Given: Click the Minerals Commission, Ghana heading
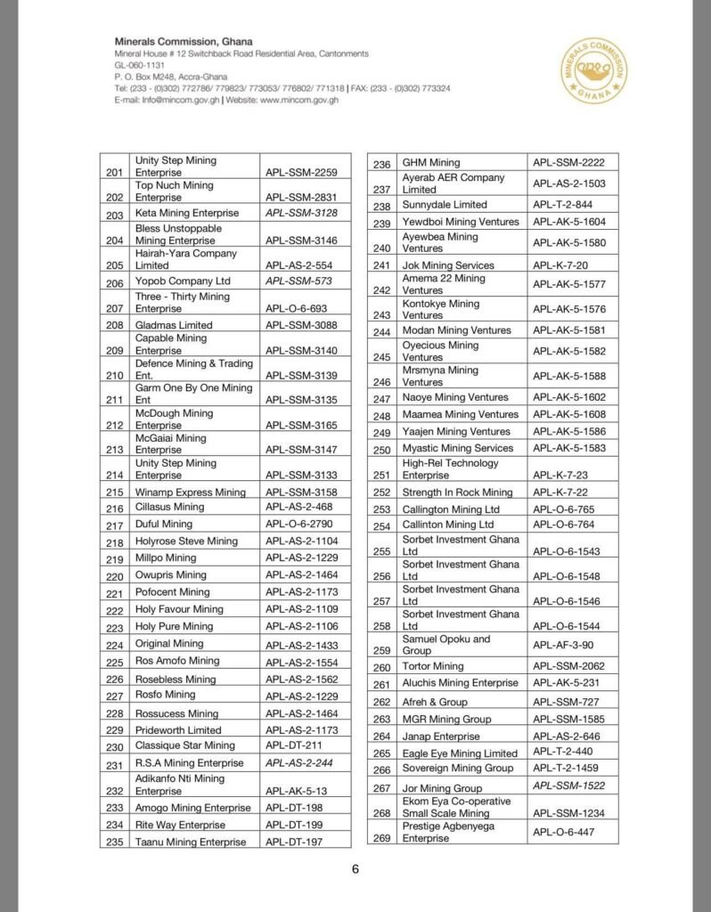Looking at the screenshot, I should pyautogui.click(x=183, y=42).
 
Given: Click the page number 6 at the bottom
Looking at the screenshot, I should pyautogui.click(x=355, y=870).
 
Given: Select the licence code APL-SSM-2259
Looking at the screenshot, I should pyautogui.click(x=301, y=172).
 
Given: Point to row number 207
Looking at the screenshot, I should pyautogui.click(x=114, y=308).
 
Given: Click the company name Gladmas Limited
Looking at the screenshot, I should pyautogui.click(x=174, y=325).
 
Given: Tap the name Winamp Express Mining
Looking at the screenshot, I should pyautogui.click(x=190, y=492).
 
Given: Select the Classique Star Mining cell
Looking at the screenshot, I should pyautogui.click(x=185, y=745).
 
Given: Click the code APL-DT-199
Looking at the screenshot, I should pyautogui.click(x=294, y=825).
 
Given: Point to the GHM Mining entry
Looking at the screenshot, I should pyautogui.click(x=431, y=163).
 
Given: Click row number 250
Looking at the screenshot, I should pyautogui.click(x=382, y=450).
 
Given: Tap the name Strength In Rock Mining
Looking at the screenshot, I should pyautogui.click(x=458, y=492).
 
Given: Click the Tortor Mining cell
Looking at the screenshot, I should pyautogui.click(x=433, y=666).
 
